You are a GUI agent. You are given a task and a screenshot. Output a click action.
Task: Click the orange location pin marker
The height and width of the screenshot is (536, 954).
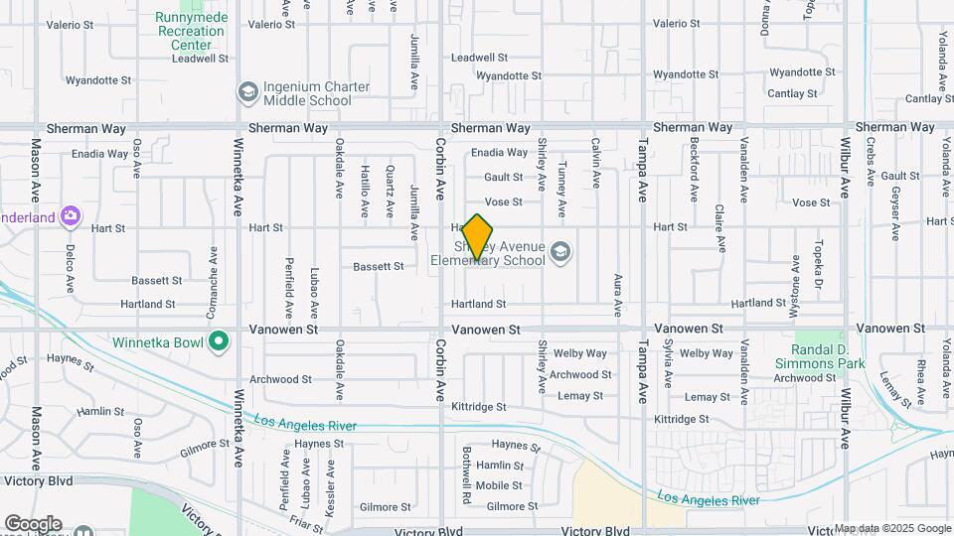pyautogui.click(x=478, y=238)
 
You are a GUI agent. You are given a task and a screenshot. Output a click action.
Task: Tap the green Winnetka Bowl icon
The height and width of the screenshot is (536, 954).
pyautogui.click(x=219, y=343)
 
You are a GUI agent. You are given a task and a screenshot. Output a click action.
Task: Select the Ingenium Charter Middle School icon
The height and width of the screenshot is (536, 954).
pyautogui.click(x=247, y=93)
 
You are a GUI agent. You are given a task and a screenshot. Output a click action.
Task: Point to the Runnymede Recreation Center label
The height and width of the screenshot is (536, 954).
pyautogui.click(x=191, y=31)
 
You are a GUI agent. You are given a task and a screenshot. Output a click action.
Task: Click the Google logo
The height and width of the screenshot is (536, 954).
pyautogui.click(x=32, y=524)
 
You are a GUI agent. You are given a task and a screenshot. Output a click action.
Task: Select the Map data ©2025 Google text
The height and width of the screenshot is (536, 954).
pyautogui.click(x=892, y=528)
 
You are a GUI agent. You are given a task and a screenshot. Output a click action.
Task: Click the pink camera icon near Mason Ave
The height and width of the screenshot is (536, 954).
pyautogui.click(x=71, y=215)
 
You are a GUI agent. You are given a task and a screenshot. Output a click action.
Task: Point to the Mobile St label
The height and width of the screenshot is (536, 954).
pyautogui.click(x=499, y=485)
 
